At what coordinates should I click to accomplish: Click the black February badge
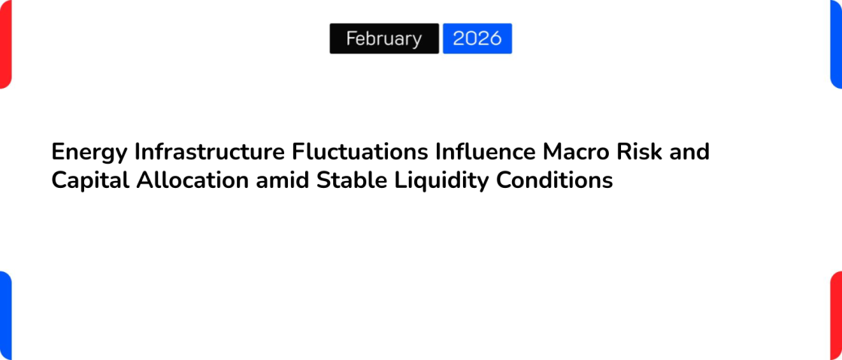384,38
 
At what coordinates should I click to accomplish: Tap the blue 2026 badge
477,38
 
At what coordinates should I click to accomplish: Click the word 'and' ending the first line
689,152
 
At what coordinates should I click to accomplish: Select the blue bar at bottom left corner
5,316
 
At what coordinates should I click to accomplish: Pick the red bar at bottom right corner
836,316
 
